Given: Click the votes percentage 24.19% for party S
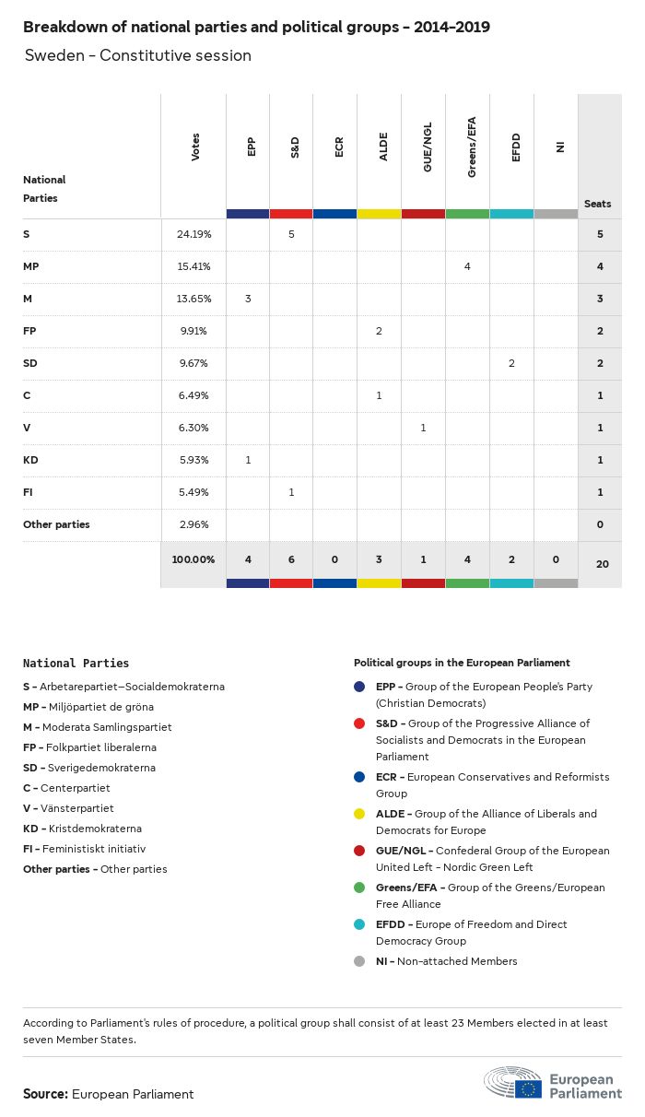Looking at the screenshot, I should tap(193, 235).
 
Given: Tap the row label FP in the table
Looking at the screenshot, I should tap(29, 331).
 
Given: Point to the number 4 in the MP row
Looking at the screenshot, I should tap(467, 266).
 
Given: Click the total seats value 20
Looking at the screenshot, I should tap(602, 563).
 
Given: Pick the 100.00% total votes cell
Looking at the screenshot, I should tap(193, 559).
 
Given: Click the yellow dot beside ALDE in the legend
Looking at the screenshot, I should tap(358, 815).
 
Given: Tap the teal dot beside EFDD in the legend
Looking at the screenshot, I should tap(358, 925).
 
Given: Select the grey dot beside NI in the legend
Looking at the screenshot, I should tap(358, 962).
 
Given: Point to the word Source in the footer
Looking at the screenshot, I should tap(45, 1094).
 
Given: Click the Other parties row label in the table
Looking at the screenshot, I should tap(56, 524).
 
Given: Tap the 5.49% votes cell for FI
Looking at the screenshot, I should tap(193, 492).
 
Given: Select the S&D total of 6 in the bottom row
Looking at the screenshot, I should tap(291, 559).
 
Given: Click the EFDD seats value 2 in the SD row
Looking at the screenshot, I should tap(511, 363).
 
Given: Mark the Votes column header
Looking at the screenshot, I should tap(195, 147).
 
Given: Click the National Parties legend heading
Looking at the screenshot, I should tap(76, 663).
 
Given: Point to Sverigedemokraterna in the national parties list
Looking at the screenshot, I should tap(99, 768).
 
